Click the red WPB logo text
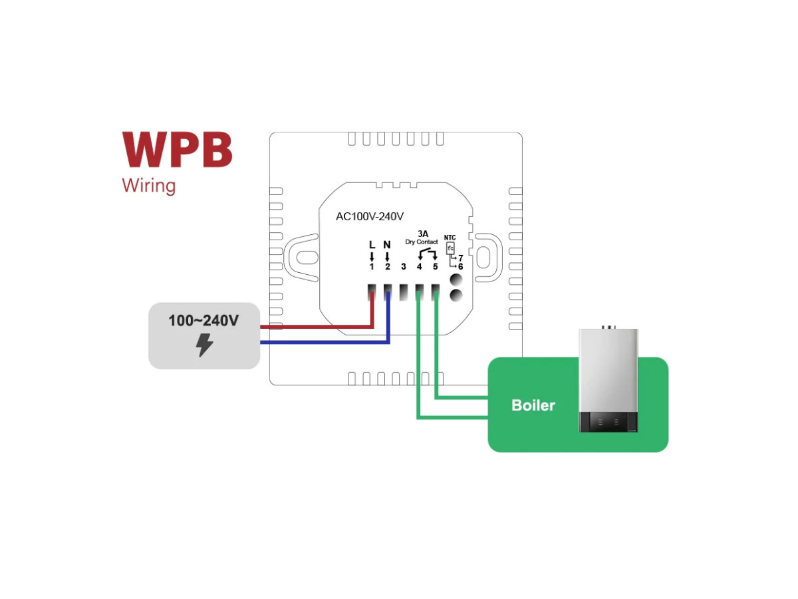(x=177, y=150)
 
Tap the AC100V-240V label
(x=370, y=216)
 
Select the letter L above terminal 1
(x=372, y=245)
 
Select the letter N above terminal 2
(x=387, y=245)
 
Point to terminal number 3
(x=403, y=267)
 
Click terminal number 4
(x=419, y=267)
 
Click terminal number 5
(x=435, y=267)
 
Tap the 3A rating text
(x=423, y=234)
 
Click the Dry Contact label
(x=422, y=242)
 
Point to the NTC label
(x=450, y=238)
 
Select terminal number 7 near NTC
(x=460, y=258)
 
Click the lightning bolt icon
(x=205, y=344)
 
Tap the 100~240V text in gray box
(x=203, y=321)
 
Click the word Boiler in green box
(x=533, y=405)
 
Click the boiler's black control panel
(x=608, y=421)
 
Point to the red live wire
(x=313, y=327)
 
